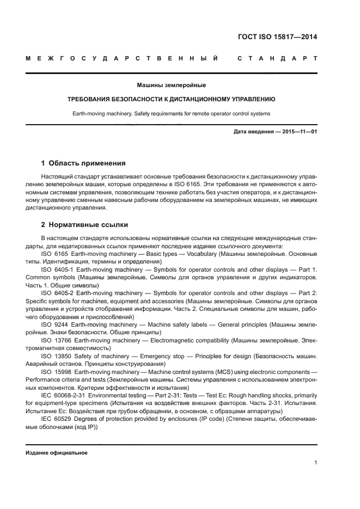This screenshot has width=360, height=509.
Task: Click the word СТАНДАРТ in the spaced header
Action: [x=277, y=58]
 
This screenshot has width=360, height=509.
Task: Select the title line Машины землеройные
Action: [x=171, y=85]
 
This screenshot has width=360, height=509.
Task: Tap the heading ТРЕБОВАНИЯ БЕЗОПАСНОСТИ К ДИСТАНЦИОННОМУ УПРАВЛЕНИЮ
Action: [x=171, y=100]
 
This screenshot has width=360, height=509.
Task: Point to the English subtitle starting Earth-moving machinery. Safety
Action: [x=171, y=114]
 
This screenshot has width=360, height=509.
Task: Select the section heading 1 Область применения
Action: [x=83, y=163]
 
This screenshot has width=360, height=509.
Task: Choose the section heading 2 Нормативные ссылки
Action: [x=84, y=224]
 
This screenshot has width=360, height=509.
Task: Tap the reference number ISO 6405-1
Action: [x=58, y=270]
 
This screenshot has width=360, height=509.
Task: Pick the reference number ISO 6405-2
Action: [x=58, y=293]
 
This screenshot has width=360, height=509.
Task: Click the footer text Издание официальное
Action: [x=57, y=453]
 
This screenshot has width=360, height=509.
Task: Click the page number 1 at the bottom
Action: [x=316, y=463]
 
